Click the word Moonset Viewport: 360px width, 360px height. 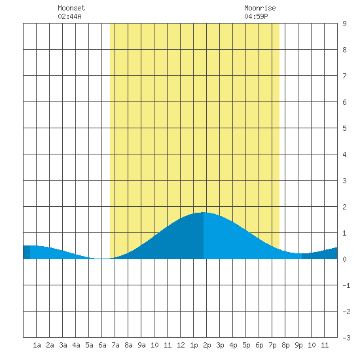[x=71, y=8]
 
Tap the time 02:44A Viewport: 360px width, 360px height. [x=69, y=16]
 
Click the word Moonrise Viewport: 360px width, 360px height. [x=260, y=8]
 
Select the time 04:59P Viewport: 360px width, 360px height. [x=256, y=16]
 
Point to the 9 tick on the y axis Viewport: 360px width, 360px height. [x=344, y=24]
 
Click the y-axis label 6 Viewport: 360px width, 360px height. [x=344, y=102]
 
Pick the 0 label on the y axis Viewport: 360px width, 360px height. [x=344, y=259]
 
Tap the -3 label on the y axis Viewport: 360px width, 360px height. [x=346, y=338]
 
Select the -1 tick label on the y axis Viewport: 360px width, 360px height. [x=346, y=285]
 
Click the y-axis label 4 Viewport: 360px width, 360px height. [x=344, y=154]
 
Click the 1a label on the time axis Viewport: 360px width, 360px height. [x=37, y=345]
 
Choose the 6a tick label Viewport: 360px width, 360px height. [x=102, y=345]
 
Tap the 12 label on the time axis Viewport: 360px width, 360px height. [x=181, y=345]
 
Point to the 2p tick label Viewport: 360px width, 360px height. [x=207, y=345]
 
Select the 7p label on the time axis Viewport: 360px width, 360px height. [x=272, y=345]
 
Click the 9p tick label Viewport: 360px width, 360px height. [x=298, y=345]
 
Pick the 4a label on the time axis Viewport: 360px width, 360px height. [x=76, y=345]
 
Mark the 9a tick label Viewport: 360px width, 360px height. [x=141, y=345]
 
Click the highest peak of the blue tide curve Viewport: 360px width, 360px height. [x=204, y=212]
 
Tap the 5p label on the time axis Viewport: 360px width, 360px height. [x=246, y=345]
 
